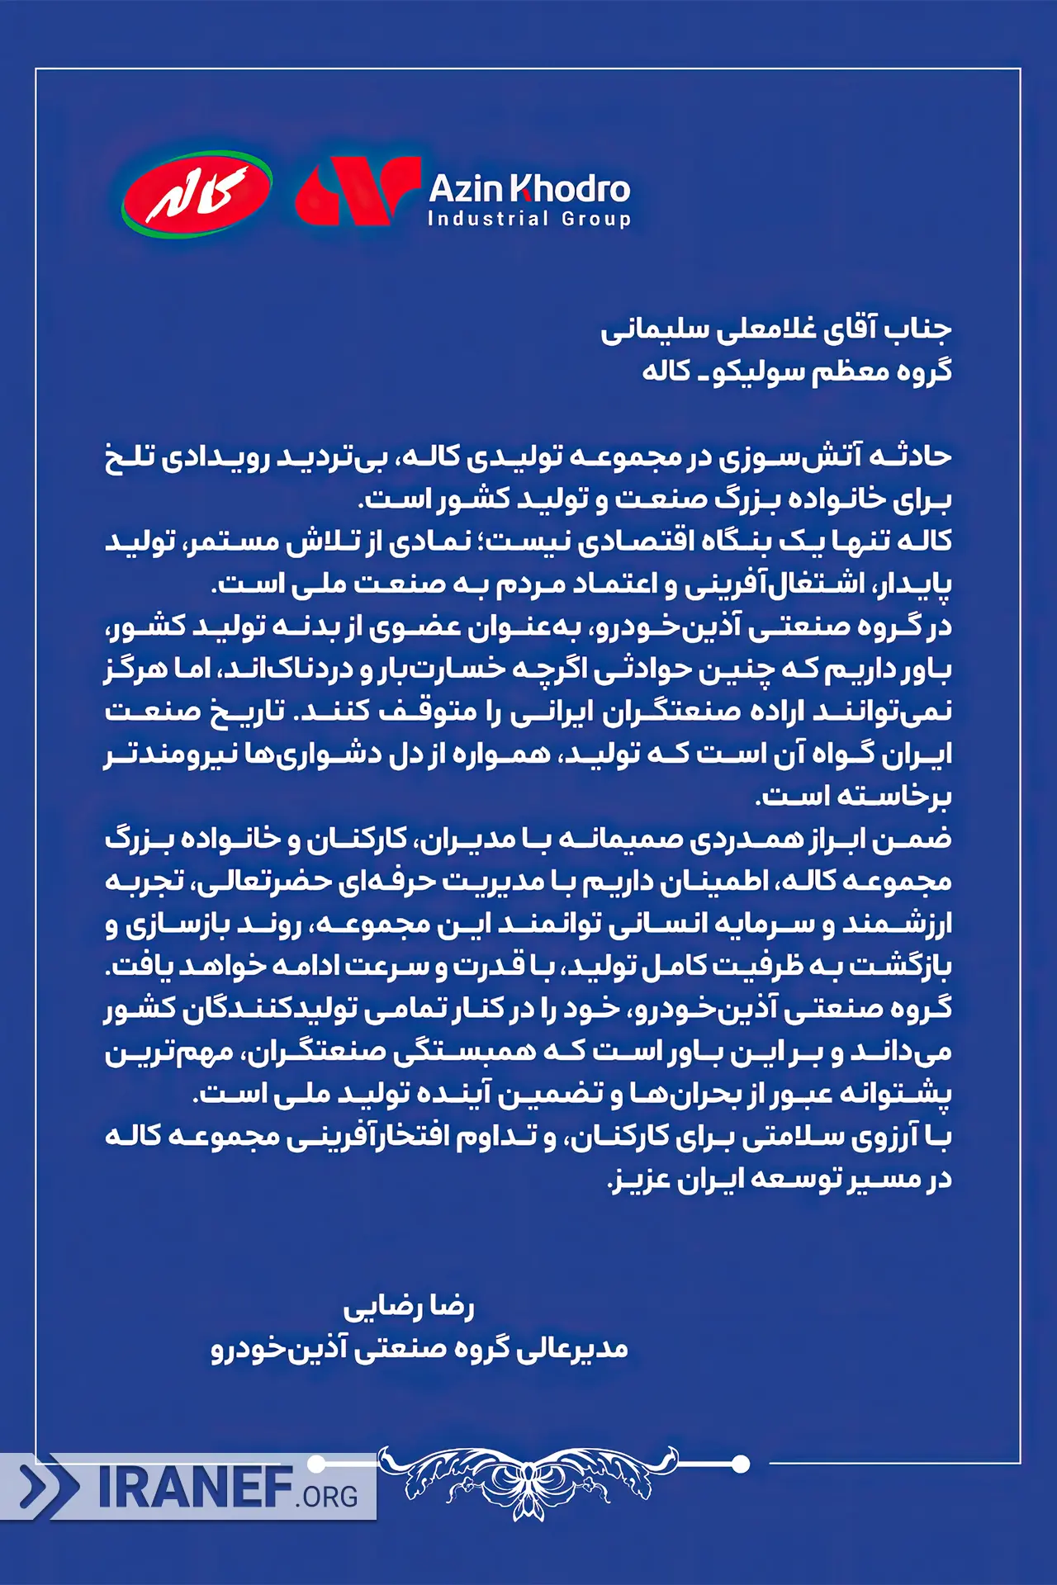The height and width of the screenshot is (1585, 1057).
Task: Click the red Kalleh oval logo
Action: [x=197, y=194]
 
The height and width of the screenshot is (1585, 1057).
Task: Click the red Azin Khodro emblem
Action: [x=357, y=192]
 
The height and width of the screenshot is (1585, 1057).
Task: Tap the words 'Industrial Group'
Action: [x=528, y=220]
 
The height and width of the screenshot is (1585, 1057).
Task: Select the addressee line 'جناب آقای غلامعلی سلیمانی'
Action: [x=775, y=329]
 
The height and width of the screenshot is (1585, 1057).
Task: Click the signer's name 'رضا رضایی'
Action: [x=409, y=1307]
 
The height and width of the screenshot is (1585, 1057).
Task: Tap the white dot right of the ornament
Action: [x=741, y=1464]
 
